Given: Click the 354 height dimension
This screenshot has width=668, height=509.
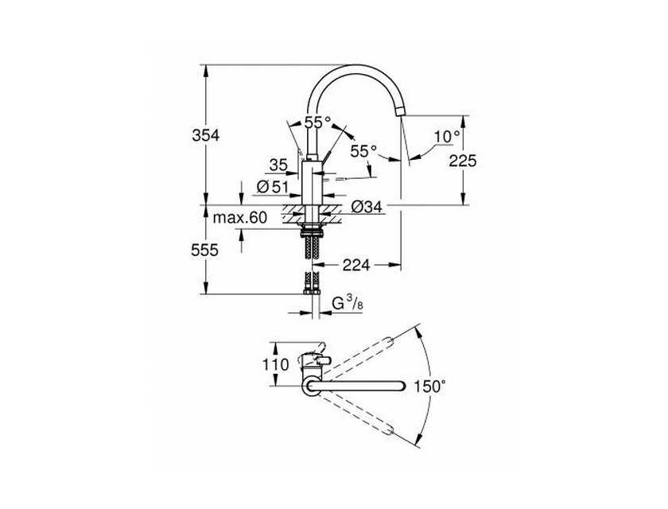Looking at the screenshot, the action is pos(206,135).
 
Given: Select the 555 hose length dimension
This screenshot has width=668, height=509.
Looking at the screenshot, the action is pos(205,250).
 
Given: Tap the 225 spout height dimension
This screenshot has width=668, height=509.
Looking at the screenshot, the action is pos(463,161).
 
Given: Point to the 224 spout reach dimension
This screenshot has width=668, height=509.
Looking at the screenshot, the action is pos(356,265).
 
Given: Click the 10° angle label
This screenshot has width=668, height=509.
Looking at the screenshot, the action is pos(447,136).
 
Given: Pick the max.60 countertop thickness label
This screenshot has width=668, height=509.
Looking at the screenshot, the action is pos(240,218).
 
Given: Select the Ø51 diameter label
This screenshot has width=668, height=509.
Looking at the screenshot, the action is pos(273,187).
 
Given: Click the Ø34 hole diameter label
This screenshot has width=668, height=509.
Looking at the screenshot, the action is pos(367,207).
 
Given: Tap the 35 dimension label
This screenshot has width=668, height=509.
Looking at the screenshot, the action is pos(278,165).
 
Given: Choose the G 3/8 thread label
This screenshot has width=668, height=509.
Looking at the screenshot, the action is pos(348,303).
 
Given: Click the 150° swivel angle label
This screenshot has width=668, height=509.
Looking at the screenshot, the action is pos(430,387).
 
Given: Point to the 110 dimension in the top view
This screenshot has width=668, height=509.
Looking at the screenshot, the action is pos(276,364).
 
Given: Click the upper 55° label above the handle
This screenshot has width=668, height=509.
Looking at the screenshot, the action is pos(317,122).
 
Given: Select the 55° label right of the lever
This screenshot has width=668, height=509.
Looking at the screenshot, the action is pos(364,150).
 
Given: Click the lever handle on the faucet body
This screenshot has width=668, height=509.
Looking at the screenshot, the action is pos(326,156).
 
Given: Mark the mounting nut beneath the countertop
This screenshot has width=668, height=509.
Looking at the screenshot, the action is pos(312,233).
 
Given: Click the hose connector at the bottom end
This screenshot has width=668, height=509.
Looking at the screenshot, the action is pos(312,292).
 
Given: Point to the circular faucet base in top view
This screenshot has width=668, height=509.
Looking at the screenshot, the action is pos(313,387).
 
